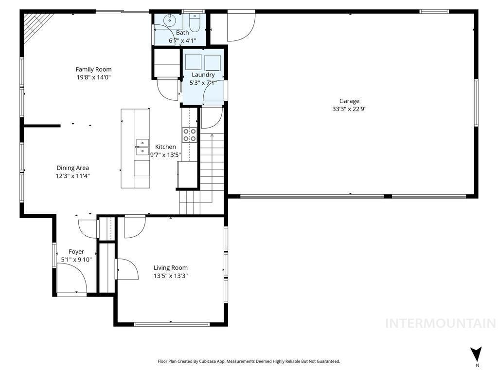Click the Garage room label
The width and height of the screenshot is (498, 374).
[349, 101]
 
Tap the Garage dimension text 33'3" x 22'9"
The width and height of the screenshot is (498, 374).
[349, 110]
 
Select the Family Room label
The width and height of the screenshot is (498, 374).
[93, 69]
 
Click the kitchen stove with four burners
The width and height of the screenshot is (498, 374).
[189, 135]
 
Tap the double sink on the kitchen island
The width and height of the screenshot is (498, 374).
[142, 147]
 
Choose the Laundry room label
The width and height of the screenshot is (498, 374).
[203, 75]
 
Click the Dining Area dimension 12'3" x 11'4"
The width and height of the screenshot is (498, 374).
[72, 176]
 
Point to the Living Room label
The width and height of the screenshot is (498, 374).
[170, 267]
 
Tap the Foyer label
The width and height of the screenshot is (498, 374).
[76, 251]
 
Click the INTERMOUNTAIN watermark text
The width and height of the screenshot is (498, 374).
[440, 323]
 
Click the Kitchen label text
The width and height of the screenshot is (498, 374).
[165, 147]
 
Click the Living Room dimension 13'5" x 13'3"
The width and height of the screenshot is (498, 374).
[170, 276]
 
